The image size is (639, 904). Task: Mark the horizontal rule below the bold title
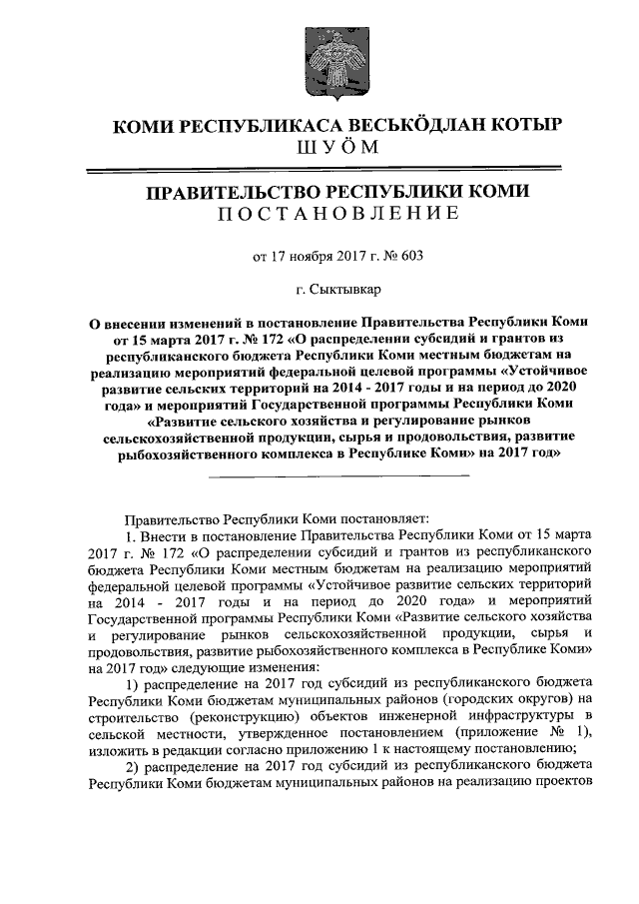click(337, 475)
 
